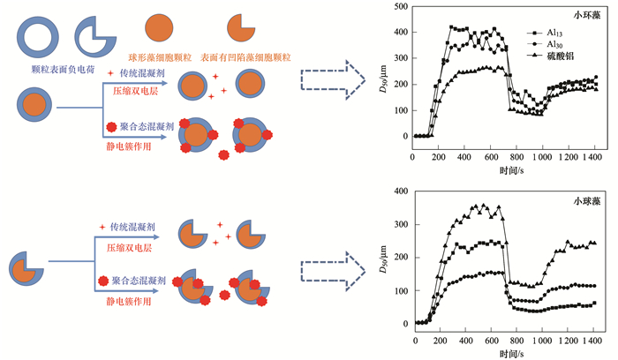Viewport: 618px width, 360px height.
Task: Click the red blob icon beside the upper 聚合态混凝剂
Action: tap(110, 128)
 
